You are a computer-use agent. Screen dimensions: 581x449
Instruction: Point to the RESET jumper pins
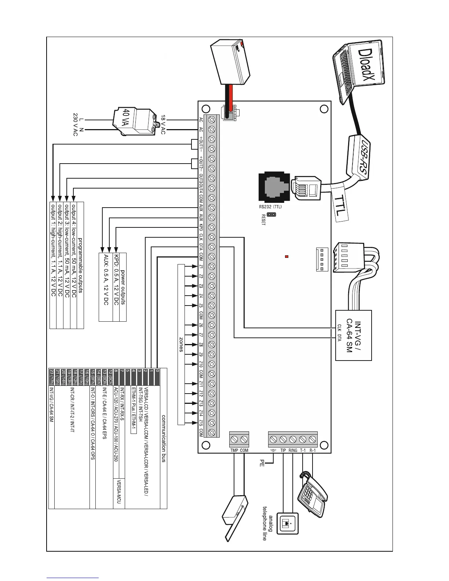coord(271,215)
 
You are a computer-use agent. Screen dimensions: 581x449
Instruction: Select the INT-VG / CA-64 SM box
coord(354,335)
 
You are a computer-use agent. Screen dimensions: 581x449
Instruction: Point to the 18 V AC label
coord(163,125)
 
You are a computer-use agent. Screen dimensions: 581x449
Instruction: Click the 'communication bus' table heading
coord(164,438)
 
